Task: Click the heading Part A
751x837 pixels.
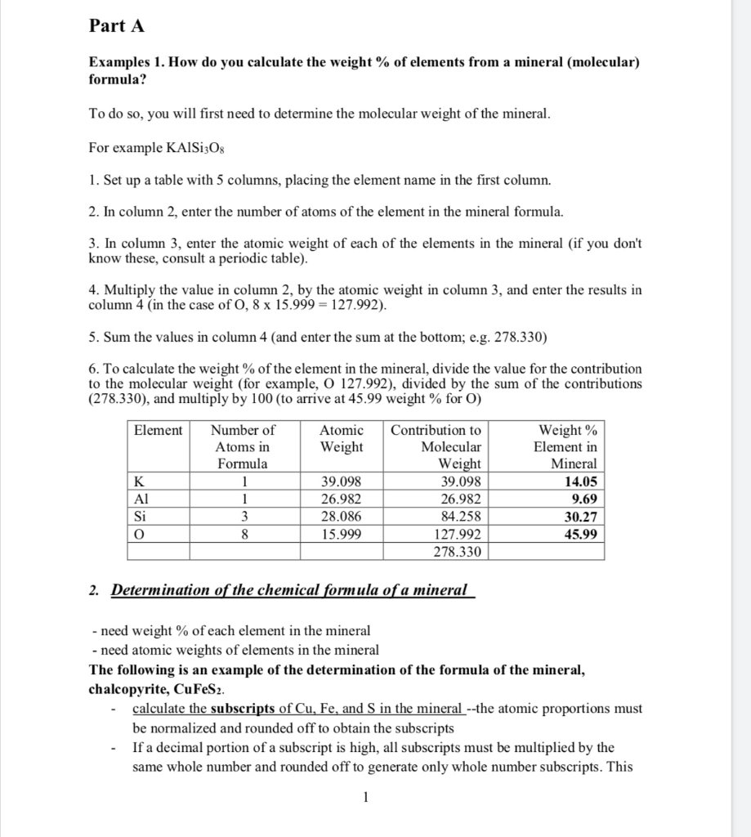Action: [116, 26]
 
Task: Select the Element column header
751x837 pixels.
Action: [159, 431]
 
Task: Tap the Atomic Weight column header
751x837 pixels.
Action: [342, 438]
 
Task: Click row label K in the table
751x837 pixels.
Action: [140, 481]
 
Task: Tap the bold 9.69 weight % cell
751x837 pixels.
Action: [584, 499]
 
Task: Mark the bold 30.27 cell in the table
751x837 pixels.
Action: [580, 517]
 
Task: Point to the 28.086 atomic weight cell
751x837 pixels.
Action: [341, 517]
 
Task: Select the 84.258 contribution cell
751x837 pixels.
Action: [461, 517]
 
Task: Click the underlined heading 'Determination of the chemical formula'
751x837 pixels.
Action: [289, 590]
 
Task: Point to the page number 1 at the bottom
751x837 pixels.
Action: [367, 796]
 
